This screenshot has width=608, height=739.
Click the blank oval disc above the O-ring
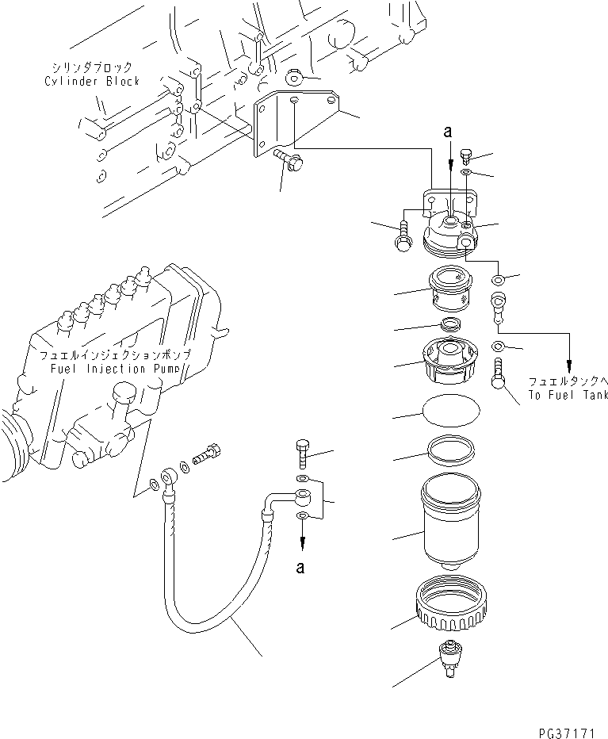449,412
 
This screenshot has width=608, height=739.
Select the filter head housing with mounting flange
450,224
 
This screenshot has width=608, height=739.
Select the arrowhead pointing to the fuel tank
569,362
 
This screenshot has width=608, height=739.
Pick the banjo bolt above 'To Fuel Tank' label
499,373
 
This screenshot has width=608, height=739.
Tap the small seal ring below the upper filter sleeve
450,324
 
